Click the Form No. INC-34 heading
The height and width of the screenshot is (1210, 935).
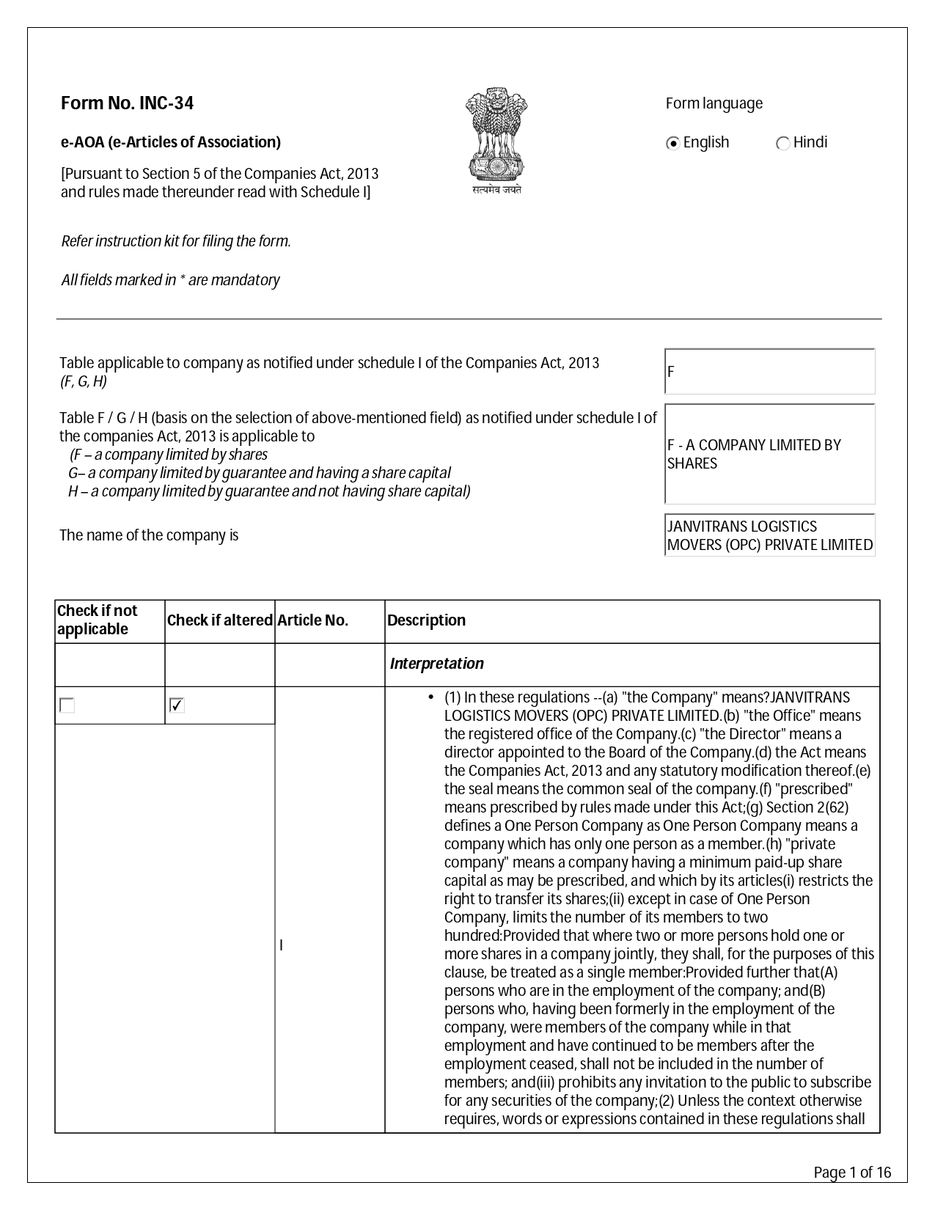(127, 103)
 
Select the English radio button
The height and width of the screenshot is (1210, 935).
(672, 143)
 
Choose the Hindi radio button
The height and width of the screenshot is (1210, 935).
(782, 143)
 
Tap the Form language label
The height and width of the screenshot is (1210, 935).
(714, 103)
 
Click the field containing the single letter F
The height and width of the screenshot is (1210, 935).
(769, 371)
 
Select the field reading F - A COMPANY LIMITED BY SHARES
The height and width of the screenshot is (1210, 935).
(769, 454)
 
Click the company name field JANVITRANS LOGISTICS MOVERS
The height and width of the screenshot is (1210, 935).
(769, 535)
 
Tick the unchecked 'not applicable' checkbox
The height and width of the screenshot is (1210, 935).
(67, 705)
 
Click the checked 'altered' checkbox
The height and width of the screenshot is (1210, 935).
(177, 705)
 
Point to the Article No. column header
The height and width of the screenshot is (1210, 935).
(313, 620)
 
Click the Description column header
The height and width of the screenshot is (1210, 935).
(426, 620)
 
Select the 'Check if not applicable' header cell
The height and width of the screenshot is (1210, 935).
(98, 620)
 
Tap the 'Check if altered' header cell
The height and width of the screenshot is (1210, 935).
(219, 620)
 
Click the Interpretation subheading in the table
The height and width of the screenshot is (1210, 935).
(436, 664)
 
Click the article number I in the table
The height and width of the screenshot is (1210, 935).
(282, 946)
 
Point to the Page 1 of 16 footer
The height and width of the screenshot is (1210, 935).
(852, 1173)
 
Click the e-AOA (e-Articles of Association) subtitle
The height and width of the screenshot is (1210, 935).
(170, 142)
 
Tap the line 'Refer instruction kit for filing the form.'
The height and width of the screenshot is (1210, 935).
(176, 241)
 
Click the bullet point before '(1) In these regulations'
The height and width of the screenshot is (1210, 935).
(430, 697)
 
